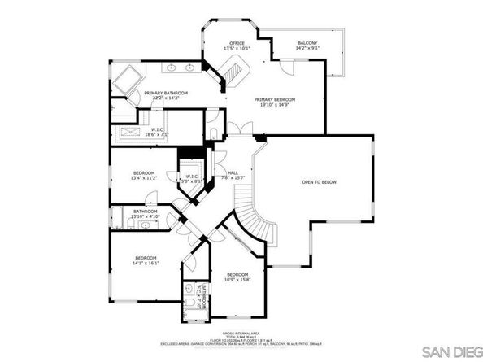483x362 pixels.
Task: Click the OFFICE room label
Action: [237, 43]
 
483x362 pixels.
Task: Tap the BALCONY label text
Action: [307, 43]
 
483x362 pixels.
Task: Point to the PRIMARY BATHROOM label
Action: [166, 94]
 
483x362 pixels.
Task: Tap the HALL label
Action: [233, 172]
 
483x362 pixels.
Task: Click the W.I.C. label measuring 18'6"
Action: [159, 133]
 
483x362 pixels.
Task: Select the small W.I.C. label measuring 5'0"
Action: [192, 180]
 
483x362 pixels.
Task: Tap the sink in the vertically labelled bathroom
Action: [190, 289]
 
